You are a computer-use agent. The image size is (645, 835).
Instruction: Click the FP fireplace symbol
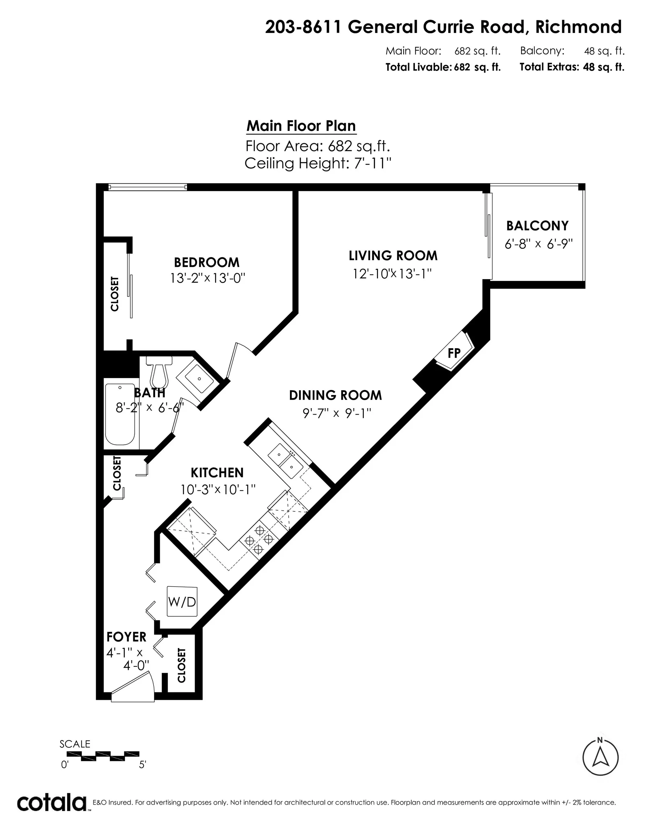pos(454,353)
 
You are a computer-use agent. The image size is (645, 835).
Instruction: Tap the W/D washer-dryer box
pos(182,602)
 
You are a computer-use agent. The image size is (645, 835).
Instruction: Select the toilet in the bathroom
pos(159,373)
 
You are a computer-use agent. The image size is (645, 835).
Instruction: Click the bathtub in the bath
pos(120,414)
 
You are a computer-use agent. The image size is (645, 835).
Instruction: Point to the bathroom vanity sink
pos(199,378)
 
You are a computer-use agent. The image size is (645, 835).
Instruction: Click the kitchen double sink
pos(286,461)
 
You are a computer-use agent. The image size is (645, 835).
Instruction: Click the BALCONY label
pos(537,225)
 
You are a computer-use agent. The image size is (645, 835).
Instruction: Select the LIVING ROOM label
pos(393,256)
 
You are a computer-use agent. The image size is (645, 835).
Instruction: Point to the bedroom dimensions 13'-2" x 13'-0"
pos(207,278)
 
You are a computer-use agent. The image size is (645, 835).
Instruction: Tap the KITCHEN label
pos(217,473)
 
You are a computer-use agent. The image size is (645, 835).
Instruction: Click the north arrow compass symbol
pos(600,757)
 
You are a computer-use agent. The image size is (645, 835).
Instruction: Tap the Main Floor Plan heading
pos(301,126)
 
